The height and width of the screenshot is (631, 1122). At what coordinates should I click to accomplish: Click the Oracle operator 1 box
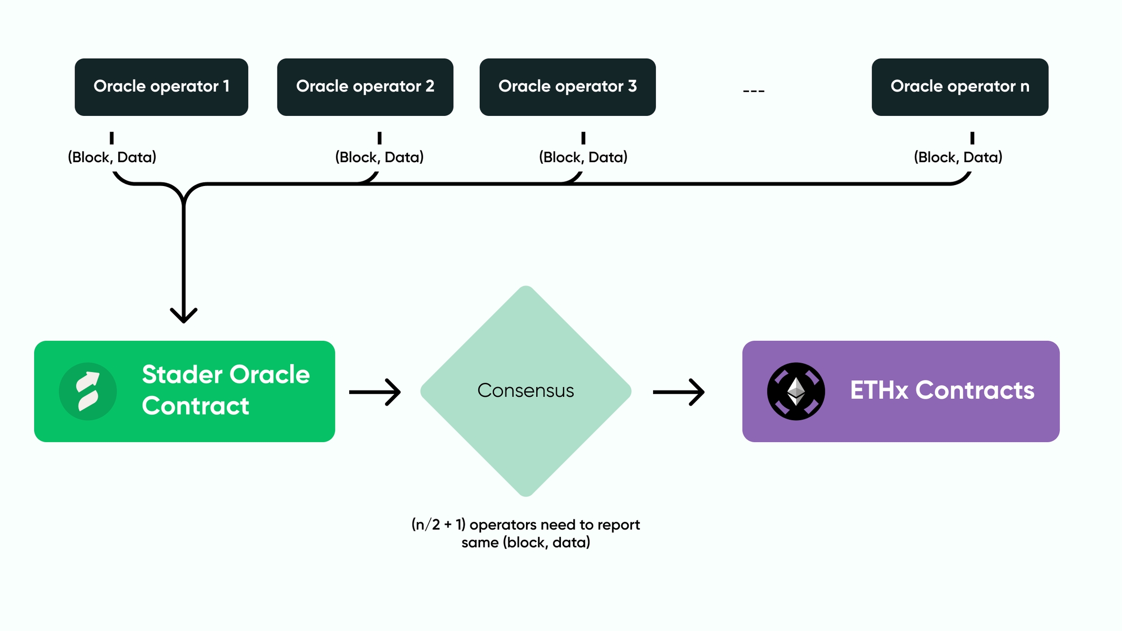point(161,87)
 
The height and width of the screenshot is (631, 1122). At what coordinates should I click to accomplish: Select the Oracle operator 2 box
point(365,87)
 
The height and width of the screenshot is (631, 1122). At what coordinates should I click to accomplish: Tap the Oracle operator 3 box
point(567,87)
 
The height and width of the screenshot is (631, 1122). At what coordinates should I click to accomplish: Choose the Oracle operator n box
point(959,87)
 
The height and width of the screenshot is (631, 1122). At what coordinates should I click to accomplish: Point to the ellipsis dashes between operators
point(753,91)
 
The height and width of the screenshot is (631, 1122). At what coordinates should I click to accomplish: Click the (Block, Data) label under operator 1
point(112,157)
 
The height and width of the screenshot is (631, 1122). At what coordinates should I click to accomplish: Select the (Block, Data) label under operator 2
point(379,157)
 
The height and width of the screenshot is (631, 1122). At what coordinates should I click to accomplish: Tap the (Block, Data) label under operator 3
point(583,157)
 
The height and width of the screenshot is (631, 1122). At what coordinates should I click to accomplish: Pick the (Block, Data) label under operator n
point(958,157)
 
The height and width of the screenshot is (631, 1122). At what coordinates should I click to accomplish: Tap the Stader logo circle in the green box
point(88,391)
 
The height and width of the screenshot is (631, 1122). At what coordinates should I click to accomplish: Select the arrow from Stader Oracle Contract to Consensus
point(375,392)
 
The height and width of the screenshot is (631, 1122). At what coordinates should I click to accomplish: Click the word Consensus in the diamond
point(525,390)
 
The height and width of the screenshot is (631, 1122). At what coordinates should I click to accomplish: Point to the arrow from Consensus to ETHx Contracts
point(678,392)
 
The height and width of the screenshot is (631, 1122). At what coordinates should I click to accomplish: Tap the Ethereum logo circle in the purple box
point(796,391)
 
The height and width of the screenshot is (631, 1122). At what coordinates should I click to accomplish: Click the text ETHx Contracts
point(942,390)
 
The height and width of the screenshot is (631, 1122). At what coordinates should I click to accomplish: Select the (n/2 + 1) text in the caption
point(438,525)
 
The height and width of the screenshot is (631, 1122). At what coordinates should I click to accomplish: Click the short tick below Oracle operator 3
point(583,138)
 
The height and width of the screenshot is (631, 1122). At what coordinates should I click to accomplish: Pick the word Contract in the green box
point(195,406)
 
